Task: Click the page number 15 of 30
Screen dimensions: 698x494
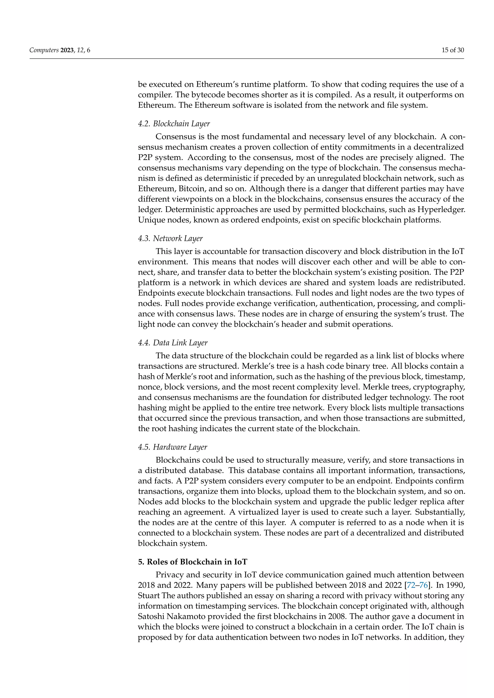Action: [453, 50]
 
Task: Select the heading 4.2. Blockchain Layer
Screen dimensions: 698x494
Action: [174, 124]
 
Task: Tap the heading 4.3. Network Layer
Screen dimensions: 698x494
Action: [170, 238]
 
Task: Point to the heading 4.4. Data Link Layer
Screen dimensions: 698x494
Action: [172, 343]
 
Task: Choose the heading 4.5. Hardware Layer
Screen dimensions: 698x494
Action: [172, 447]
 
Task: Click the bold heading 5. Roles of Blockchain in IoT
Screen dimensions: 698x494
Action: [192, 562]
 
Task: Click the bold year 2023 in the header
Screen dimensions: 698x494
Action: [67, 50]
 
